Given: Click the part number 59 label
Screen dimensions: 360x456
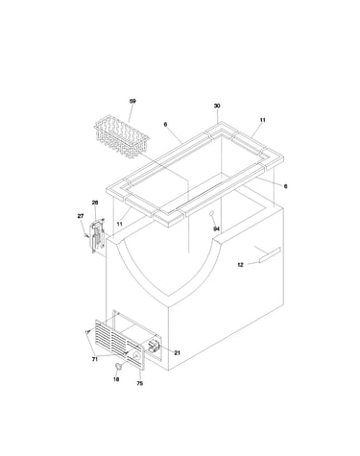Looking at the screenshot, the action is tap(132, 101).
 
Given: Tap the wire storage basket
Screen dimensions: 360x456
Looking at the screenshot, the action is tap(122, 136).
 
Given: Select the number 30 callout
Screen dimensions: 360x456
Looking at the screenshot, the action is tap(217, 106).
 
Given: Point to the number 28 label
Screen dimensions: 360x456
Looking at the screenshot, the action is tap(95, 203).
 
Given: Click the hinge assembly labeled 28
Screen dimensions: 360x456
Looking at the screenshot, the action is tap(98, 235).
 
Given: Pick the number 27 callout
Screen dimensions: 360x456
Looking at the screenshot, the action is tap(81, 216).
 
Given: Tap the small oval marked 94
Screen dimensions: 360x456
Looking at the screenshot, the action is tap(211, 213).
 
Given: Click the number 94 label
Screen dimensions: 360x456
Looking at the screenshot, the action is tap(217, 228).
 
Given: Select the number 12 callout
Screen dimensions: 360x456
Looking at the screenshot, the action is tap(241, 265).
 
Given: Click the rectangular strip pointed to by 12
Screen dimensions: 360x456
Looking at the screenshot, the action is tap(270, 254).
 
